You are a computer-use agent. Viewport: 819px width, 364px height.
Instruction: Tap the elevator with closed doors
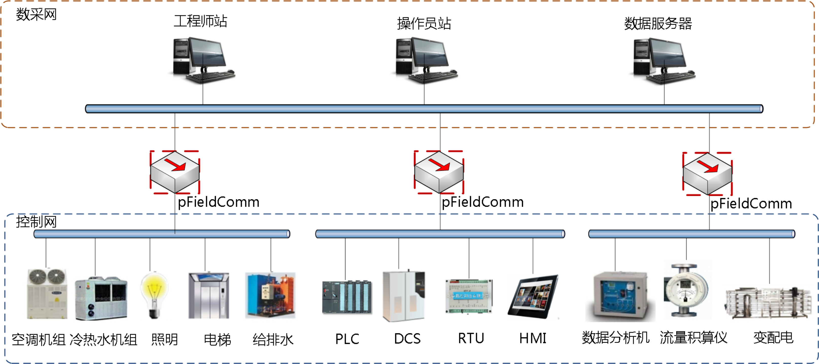(209, 296)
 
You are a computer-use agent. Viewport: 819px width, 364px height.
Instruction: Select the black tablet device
(533, 296)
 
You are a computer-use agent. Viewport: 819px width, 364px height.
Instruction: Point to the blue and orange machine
(270, 296)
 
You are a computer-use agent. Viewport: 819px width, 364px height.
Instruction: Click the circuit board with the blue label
(469, 296)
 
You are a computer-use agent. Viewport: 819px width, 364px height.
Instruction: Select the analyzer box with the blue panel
(620, 296)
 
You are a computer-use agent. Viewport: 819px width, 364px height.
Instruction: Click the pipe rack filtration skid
(769, 302)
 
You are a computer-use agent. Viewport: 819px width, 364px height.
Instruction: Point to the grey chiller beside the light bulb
(101, 299)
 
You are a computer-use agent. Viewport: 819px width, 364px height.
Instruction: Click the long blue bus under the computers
(424, 109)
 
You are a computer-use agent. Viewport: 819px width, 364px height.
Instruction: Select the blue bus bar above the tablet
(440, 234)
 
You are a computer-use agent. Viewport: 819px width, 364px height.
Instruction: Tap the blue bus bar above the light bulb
(162, 234)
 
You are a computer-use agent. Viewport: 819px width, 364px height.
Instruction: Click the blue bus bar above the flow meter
(691, 234)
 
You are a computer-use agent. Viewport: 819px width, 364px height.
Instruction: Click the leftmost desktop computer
(201, 62)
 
